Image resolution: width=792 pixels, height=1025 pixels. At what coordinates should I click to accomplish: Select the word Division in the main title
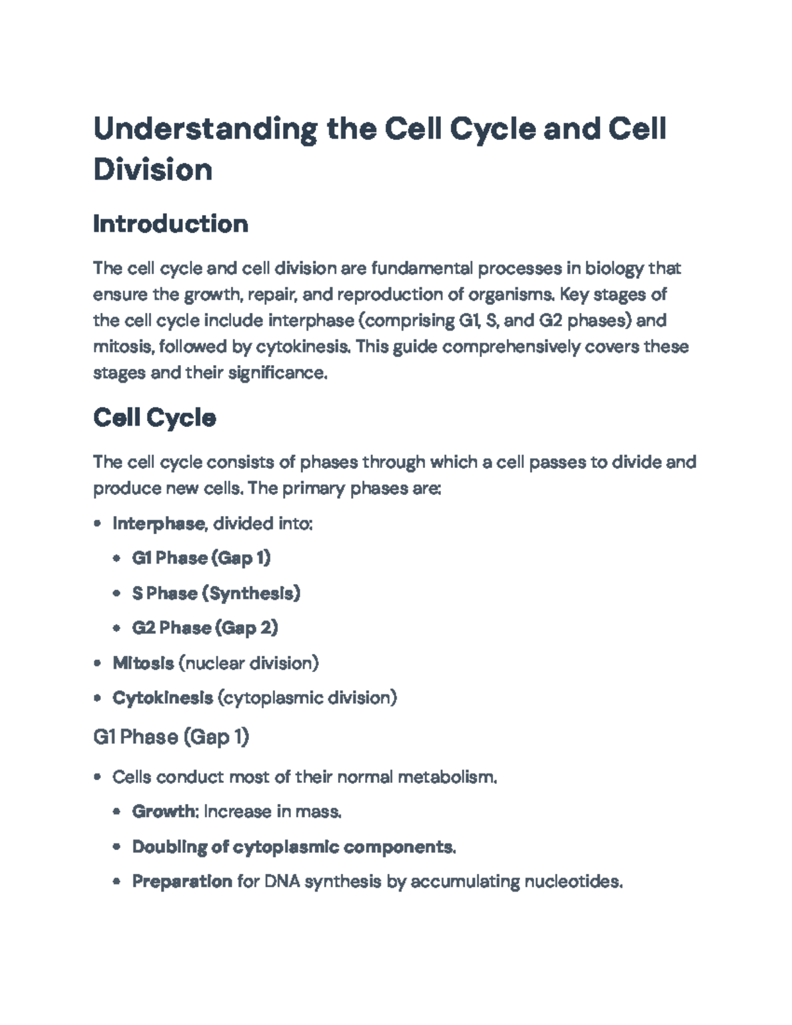152,170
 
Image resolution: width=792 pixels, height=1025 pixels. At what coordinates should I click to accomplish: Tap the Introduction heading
170,224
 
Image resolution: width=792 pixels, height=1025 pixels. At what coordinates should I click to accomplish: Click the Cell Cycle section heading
154,418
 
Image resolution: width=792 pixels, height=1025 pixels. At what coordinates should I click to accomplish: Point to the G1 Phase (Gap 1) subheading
171,737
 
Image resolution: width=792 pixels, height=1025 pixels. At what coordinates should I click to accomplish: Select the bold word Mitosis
143,663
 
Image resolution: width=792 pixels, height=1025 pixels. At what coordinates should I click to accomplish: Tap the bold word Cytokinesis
162,698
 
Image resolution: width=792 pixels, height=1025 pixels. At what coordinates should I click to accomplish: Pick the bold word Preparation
182,881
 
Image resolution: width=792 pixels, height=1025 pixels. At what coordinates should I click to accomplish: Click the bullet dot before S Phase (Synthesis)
117,593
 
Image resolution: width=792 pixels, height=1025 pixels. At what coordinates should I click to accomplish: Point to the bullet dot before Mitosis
98,663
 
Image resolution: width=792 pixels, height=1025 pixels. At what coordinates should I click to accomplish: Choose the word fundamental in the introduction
422,268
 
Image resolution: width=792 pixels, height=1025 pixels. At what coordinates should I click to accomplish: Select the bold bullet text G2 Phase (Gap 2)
205,627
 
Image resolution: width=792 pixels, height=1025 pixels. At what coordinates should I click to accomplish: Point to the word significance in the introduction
277,373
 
